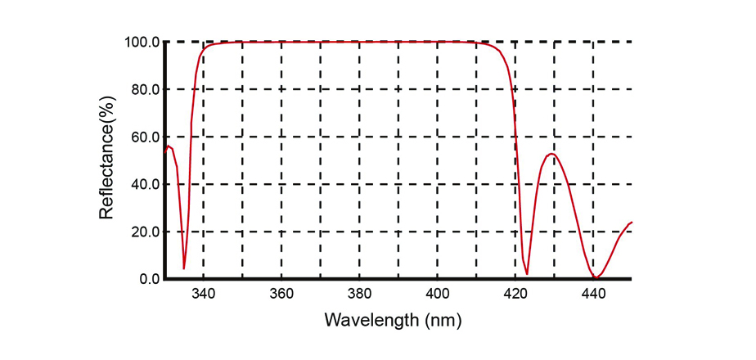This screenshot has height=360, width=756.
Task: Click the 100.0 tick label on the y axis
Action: click(x=142, y=42)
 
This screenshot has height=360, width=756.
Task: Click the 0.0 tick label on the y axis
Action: click(x=148, y=279)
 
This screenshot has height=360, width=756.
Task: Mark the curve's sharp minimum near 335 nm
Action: click(x=184, y=268)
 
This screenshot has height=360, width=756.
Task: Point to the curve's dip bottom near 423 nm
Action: click(x=527, y=274)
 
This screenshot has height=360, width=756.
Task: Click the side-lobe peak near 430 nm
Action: click(x=552, y=154)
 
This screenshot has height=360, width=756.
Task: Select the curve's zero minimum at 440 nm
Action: click(x=596, y=278)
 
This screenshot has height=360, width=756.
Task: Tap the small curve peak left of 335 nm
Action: click(x=168, y=146)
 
